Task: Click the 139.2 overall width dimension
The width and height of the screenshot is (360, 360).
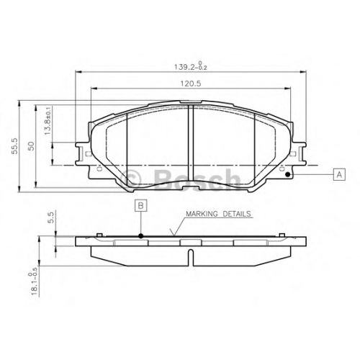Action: (x=190, y=66)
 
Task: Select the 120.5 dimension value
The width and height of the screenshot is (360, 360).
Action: (x=191, y=84)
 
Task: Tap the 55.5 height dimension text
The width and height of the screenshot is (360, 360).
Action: (x=14, y=146)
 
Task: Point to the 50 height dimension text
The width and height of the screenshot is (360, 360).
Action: (x=31, y=146)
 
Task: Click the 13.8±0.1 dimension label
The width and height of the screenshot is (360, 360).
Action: (x=48, y=120)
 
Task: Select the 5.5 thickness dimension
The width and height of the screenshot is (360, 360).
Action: (x=52, y=217)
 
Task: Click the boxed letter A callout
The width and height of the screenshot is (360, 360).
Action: (x=339, y=174)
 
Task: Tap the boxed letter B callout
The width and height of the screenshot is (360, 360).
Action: (x=141, y=205)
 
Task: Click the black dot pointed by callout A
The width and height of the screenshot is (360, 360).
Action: (x=288, y=174)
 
